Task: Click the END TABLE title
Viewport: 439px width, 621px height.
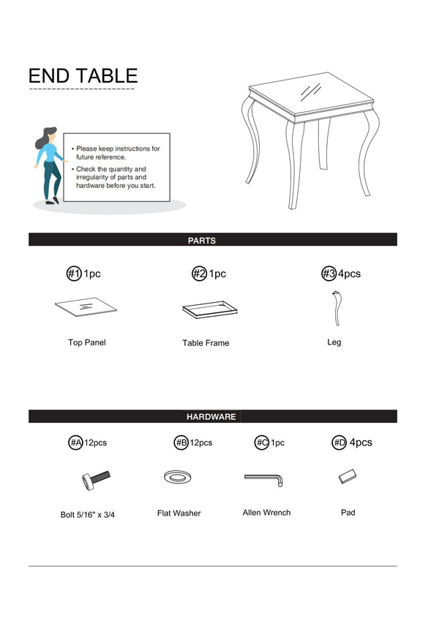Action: pyautogui.click(x=83, y=75)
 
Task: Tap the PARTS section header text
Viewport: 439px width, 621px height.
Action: pyautogui.click(x=202, y=241)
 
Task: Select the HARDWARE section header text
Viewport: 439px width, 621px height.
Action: pyautogui.click(x=211, y=417)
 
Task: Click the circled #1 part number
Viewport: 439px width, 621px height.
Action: pyautogui.click(x=74, y=274)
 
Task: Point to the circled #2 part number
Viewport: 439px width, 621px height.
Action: pyautogui.click(x=199, y=274)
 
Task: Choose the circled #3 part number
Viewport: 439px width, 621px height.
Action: pyautogui.click(x=329, y=274)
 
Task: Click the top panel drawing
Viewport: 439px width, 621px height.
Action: pyautogui.click(x=86, y=307)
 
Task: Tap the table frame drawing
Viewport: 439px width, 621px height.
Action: pyautogui.click(x=209, y=309)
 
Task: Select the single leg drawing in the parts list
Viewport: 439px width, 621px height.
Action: pyautogui.click(x=337, y=308)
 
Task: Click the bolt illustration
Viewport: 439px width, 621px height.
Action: pyautogui.click(x=96, y=480)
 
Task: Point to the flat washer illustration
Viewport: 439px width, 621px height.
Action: pyautogui.click(x=178, y=477)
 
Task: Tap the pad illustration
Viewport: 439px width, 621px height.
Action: pyautogui.click(x=348, y=476)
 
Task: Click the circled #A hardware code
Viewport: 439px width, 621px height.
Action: pyautogui.click(x=75, y=443)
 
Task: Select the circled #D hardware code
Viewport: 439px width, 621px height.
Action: pyautogui.click(x=339, y=443)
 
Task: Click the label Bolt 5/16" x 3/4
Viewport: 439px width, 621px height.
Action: pyautogui.click(x=88, y=514)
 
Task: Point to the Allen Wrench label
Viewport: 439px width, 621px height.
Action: pyautogui.click(x=266, y=513)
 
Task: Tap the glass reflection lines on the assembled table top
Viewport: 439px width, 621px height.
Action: pyautogui.click(x=311, y=91)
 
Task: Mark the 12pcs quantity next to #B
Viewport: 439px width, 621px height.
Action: pyautogui.click(x=201, y=443)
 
